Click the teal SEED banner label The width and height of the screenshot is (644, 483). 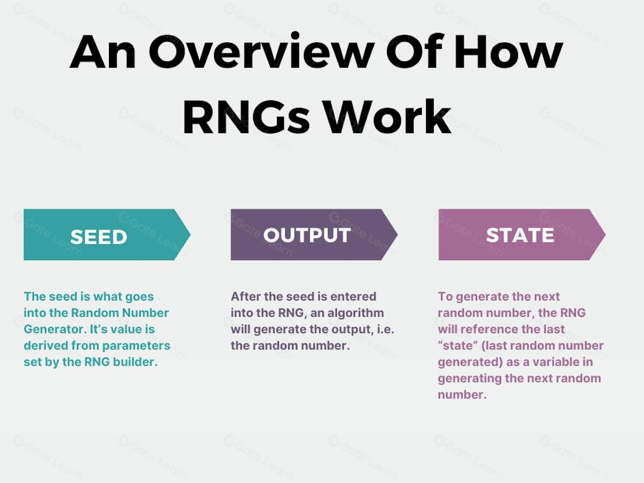click(98, 237)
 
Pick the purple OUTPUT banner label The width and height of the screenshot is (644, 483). click(307, 235)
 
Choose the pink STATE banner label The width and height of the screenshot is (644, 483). click(519, 235)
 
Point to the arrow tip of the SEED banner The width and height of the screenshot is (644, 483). click(188, 235)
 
